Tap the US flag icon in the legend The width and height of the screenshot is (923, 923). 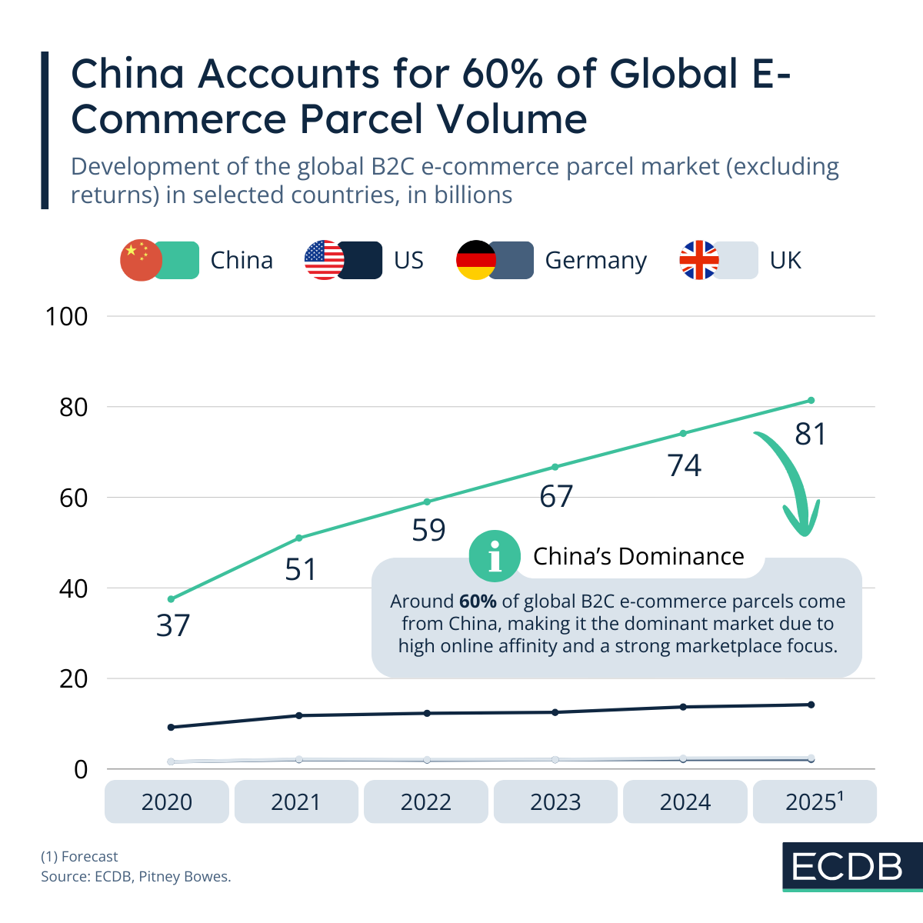[x=325, y=260]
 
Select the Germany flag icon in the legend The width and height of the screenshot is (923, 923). [x=476, y=260]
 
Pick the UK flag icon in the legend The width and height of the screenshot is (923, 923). [x=698, y=260]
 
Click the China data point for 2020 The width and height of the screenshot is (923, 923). [x=171, y=599]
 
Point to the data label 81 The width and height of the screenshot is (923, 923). [x=811, y=435]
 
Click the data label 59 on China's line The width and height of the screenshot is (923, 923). [x=428, y=531]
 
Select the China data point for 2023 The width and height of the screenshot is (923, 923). [x=555, y=467]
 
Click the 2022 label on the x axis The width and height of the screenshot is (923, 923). [x=425, y=802]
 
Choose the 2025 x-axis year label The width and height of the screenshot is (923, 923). [x=814, y=802]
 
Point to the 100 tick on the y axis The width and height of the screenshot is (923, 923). [x=67, y=316]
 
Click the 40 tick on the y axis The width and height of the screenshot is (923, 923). [x=73, y=588]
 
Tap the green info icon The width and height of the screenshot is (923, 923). [x=494, y=556]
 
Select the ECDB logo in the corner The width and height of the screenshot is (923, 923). [x=847, y=867]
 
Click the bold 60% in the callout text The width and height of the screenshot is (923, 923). [x=478, y=601]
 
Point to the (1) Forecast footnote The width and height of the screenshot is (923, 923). [x=79, y=856]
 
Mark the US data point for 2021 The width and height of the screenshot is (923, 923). [x=299, y=715]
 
